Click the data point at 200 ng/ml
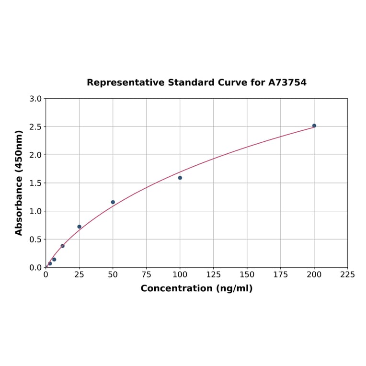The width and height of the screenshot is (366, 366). tap(314, 126)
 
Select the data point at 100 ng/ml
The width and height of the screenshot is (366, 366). tap(180, 178)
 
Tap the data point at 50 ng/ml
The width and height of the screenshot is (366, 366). tap(113, 202)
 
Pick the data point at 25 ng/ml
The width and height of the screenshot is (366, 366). tap(80, 227)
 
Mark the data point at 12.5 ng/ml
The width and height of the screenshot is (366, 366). tap(63, 246)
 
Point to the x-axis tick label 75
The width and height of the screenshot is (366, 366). tap(147, 274)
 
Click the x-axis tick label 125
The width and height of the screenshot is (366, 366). tap(214, 274)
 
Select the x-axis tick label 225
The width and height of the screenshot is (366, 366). tap(347, 274)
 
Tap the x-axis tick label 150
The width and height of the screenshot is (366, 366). tap(247, 274)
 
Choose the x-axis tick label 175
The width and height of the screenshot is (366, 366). tap(281, 274)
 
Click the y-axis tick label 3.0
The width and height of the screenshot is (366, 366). tap(36, 99)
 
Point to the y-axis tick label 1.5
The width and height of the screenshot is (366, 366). tap(36, 183)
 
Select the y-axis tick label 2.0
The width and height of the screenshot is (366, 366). tap(36, 155)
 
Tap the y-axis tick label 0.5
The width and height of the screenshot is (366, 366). tap(36, 239)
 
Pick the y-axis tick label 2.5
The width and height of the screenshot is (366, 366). tap(36, 127)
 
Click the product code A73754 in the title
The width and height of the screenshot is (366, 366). tap(287, 82)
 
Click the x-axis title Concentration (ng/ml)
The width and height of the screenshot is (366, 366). tap(196, 288)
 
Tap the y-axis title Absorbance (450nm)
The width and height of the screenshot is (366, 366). tap(19, 183)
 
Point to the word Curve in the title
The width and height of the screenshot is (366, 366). tap(232, 82)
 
